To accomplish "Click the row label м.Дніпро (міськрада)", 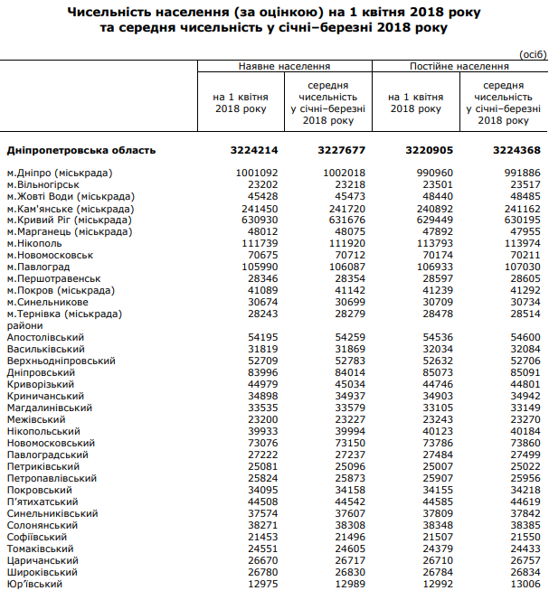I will click(x=59, y=173).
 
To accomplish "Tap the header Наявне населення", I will click(x=284, y=67).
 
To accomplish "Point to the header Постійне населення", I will click(x=459, y=67).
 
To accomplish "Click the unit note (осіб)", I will click(x=532, y=54).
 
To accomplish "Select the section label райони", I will click(x=23, y=325).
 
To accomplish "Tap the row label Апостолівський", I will click(x=45, y=337).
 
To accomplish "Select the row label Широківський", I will click(x=43, y=572).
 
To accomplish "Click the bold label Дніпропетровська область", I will click(x=81, y=151).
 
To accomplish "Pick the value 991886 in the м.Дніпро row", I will click(x=519, y=173).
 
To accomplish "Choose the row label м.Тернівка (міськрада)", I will click(x=64, y=314).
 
